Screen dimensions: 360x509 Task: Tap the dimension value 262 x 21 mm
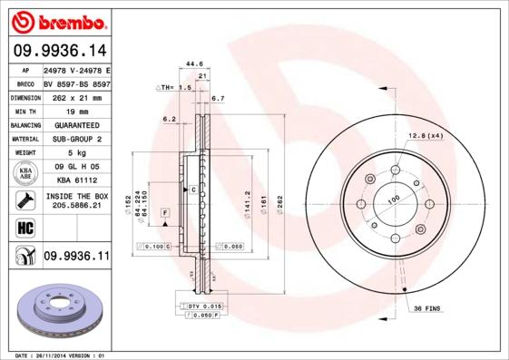coord(75,95)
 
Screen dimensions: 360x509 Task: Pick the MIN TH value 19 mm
coord(75,109)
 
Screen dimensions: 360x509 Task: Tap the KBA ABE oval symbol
coord(25,173)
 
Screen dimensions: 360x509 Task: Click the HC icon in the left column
coord(25,227)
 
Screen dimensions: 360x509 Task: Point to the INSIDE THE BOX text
coord(76,196)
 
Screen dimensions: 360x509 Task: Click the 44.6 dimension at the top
coord(193,63)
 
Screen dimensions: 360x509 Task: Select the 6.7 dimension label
coord(218,97)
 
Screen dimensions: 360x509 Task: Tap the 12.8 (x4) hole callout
coord(426,135)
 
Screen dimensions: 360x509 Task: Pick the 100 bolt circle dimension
coord(393,199)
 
